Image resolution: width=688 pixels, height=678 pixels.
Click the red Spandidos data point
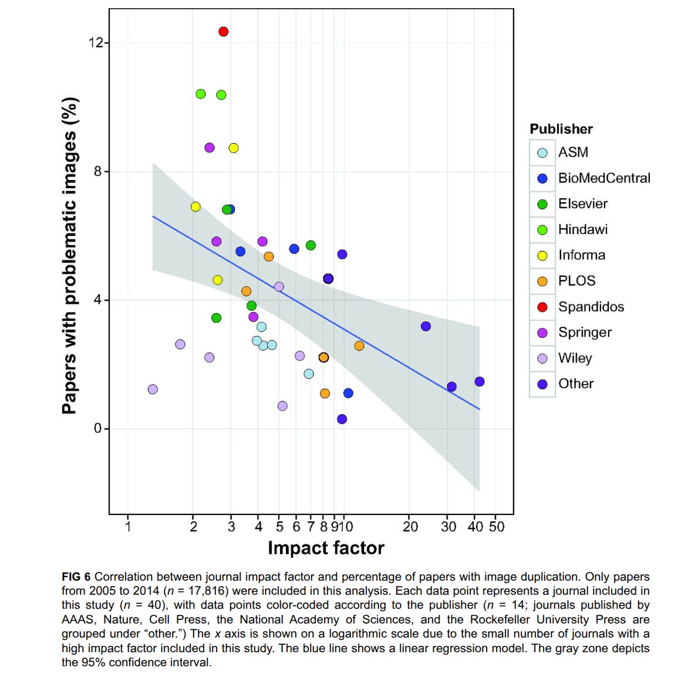(x=223, y=32)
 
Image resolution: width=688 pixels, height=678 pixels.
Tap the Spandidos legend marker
(x=542, y=307)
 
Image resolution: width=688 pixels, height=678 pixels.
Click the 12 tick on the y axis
(x=96, y=42)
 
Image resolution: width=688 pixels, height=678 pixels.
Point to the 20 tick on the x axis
(x=410, y=526)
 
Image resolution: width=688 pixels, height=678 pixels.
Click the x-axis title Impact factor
(x=326, y=548)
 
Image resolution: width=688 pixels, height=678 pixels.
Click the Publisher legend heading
(x=561, y=129)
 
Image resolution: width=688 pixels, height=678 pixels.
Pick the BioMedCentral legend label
(x=604, y=178)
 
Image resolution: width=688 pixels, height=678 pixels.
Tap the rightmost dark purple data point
(x=480, y=382)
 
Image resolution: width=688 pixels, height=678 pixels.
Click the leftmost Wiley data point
(x=153, y=389)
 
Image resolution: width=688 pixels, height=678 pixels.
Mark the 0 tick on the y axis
(x=98, y=428)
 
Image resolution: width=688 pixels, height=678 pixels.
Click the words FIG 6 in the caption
(x=76, y=577)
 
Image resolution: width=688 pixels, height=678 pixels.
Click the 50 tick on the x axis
(x=497, y=526)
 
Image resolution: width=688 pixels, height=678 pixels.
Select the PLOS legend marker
(x=542, y=282)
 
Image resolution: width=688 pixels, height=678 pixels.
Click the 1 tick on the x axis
(x=128, y=526)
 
